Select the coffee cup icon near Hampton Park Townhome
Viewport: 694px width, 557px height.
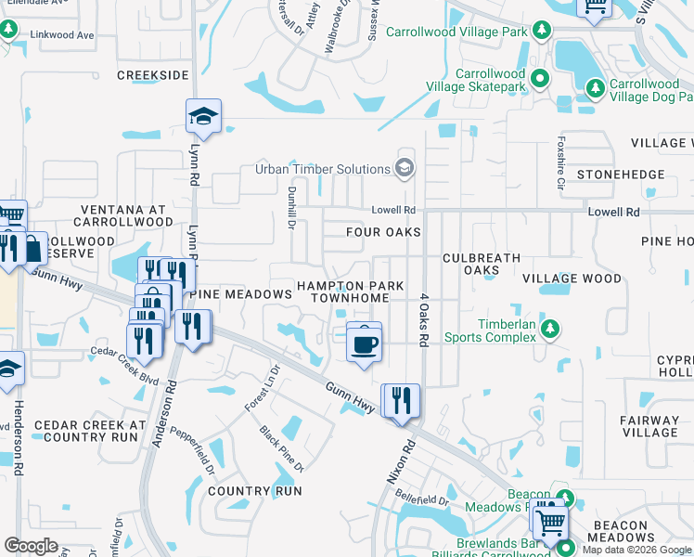(365, 343)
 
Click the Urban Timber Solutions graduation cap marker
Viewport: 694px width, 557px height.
(404, 169)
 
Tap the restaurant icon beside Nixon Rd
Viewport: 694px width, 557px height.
(401, 401)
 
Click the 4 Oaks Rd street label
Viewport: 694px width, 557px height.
(423, 321)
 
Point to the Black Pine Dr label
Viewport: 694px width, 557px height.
(282, 448)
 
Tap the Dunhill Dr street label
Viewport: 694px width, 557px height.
(289, 205)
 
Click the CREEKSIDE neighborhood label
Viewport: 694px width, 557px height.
(153, 74)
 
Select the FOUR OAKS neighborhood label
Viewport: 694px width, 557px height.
(383, 232)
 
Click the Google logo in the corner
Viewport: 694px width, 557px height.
(31, 545)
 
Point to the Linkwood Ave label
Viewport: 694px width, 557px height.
(62, 35)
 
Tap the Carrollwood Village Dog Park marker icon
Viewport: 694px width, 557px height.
(594, 88)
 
